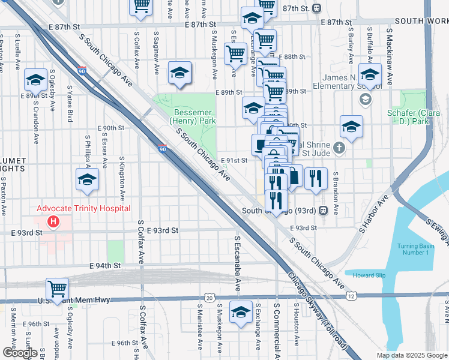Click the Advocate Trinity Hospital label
(83, 208)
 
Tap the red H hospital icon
(53, 222)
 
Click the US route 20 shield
(209, 298)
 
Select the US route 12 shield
(351, 296)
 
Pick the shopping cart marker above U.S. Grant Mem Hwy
(57, 289)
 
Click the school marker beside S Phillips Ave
(88, 179)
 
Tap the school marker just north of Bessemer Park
(179, 73)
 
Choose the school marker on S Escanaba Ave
(241, 312)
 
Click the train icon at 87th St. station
(316, 8)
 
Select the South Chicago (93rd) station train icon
(323, 211)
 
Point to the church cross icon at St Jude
(339, 148)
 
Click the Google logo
(20, 353)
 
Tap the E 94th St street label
(105, 265)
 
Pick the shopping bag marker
(294, 176)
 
